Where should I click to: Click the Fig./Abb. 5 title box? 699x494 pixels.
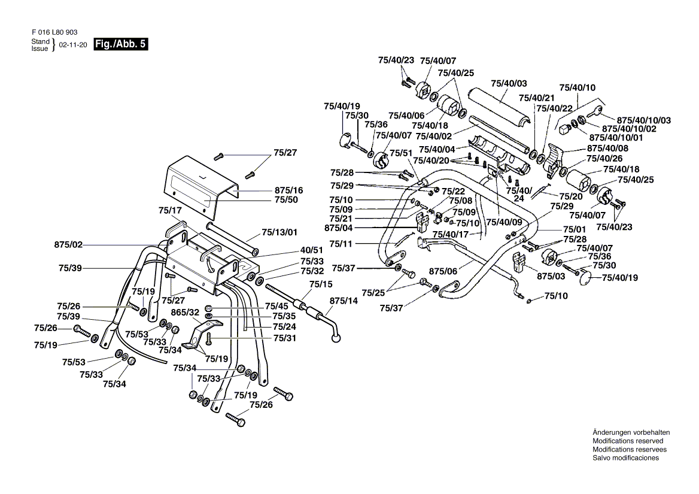[x=120, y=44]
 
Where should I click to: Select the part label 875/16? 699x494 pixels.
[x=289, y=190]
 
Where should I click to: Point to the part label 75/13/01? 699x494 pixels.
[x=279, y=232]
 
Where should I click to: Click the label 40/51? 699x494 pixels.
[x=312, y=250]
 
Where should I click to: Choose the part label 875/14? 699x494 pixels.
[x=343, y=302]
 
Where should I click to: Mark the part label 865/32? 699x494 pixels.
[x=185, y=313]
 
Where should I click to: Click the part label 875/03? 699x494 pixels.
[x=551, y=276]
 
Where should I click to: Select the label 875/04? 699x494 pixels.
[x=339, y=228]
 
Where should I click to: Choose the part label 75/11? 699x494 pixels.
[x=341, y=244]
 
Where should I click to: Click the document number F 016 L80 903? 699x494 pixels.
[x=54, y=32]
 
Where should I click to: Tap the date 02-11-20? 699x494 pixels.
[x=73, y=46]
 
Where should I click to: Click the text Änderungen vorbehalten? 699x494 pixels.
[x=631, y=432]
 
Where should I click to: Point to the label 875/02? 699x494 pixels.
[x=68, y=244]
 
